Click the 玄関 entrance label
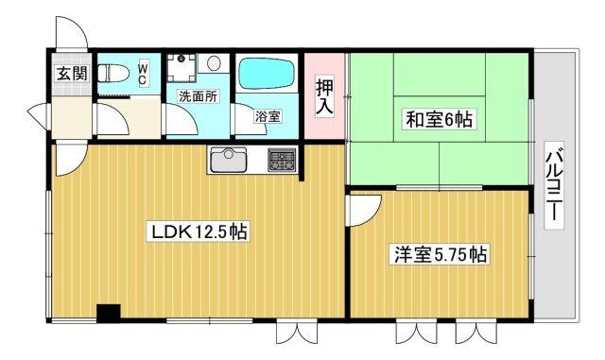pos(66,74)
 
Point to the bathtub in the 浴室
pos(267,74)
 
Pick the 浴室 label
pos(268,117)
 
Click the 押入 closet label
pos(323,96)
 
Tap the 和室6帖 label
pos(441,120)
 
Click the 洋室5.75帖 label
pos(441,254)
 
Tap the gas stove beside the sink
pos(282,161)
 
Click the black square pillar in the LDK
pos(109,313)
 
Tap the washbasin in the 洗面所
pos(214,63)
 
